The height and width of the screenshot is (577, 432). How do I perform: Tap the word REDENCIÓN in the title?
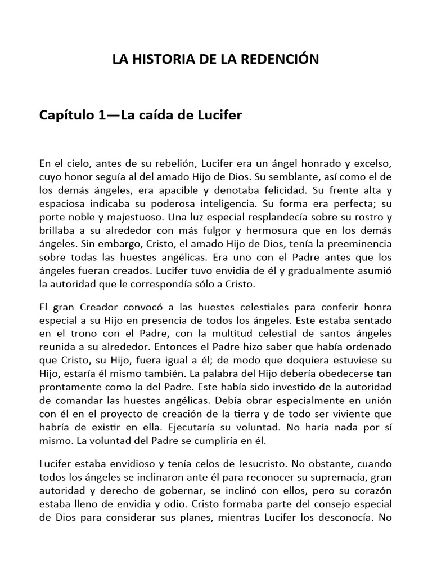[282, 59]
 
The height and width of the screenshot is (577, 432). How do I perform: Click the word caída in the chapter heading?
[161, 116]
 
